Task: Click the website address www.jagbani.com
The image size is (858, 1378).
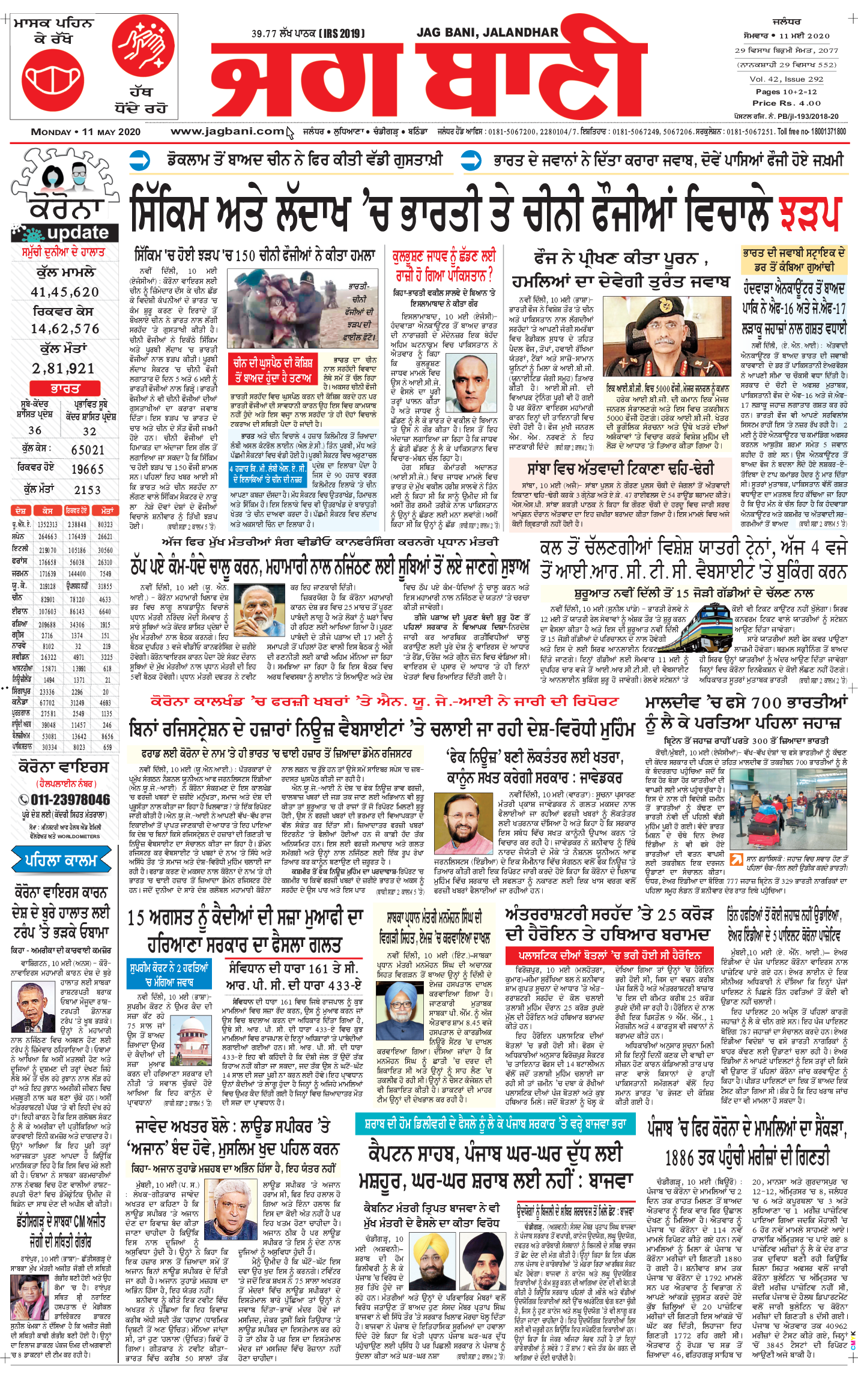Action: tap(227, 131)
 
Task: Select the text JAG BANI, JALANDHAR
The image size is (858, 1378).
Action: tap(487, 32)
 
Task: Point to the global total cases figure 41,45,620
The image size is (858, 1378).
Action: tap(65, 292)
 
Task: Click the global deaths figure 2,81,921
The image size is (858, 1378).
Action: tap(64, 369)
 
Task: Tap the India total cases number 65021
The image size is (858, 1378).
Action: tap(88, 450)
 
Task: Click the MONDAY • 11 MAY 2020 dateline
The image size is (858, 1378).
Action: tap(86, 131)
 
